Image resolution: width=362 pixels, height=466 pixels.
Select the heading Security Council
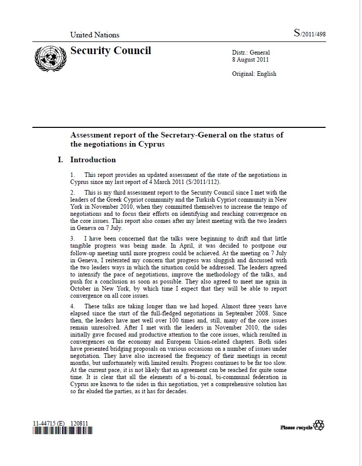(111, 51)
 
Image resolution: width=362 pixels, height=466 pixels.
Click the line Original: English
(254, 74)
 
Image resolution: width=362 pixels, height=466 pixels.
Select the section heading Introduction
(93, 160)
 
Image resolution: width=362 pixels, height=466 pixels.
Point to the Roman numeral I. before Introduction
(61, 160)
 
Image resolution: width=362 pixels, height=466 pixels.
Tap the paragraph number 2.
(72, 193)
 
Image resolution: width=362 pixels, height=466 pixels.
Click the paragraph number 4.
(72, 306)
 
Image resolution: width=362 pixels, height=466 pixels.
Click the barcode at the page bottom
(63, 431)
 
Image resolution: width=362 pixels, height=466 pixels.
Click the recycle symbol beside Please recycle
(319, 425)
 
